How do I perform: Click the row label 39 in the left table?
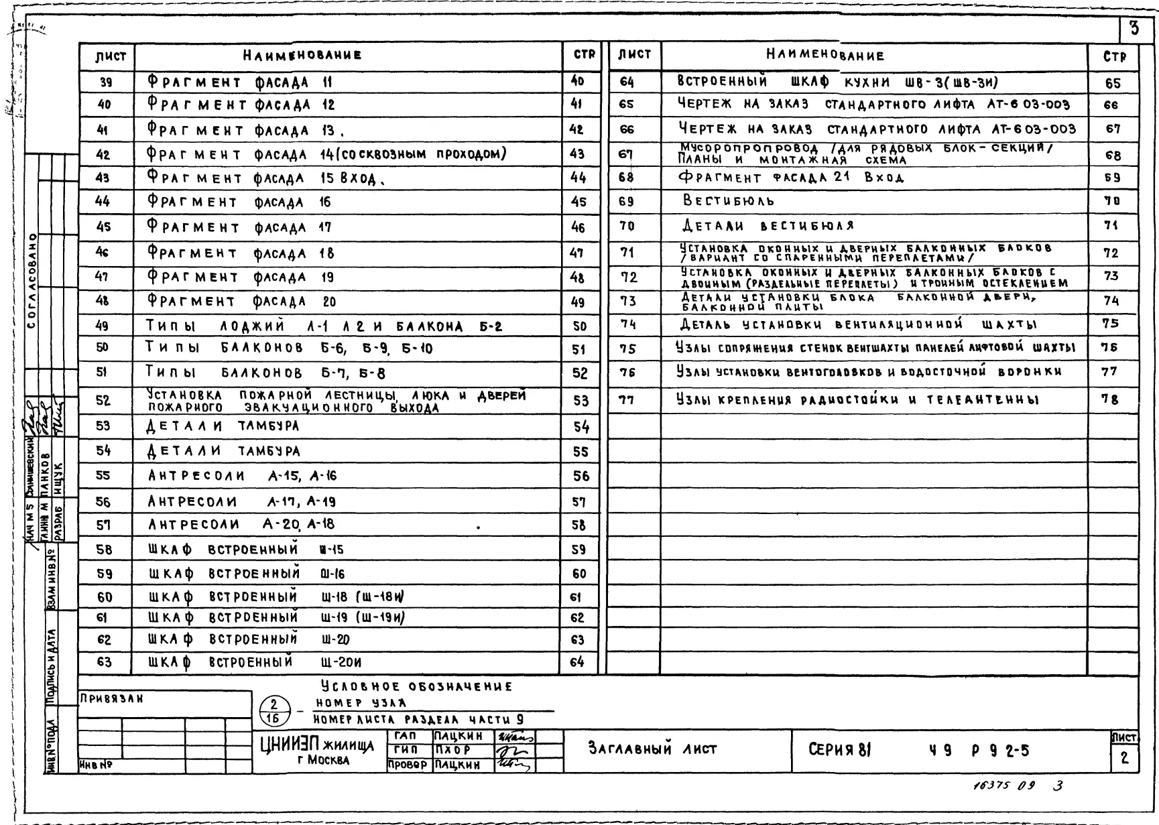pyautogui.click(x=105, y=82)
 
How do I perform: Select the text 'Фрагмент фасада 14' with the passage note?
pyautogui.click(x=326, y=154)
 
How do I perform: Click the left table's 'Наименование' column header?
pyautogui.click(x=302, y=56)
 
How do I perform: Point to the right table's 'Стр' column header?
pyautogui.click(x=1114, y=58)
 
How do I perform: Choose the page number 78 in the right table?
pyautogui.click(x=1110, y=399)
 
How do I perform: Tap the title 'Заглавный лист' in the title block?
pyautogui.click(x=653, y=749)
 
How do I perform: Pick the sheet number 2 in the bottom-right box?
pyautogui.click(x=1125, y=758)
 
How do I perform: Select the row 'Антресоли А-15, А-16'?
pyautogui.click(x=242, y=476)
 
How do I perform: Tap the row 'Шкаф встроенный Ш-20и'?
pyautogui.click(x=255, y=662)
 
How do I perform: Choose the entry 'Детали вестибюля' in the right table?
pyautogui.click(x=768, y=226)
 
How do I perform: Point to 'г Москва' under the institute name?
pyautogui.click(x=323, y=760)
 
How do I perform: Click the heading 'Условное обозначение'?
pyautogui.click(x=416, y=686)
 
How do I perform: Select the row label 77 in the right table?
pyautogui.click(x=627, y=400)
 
